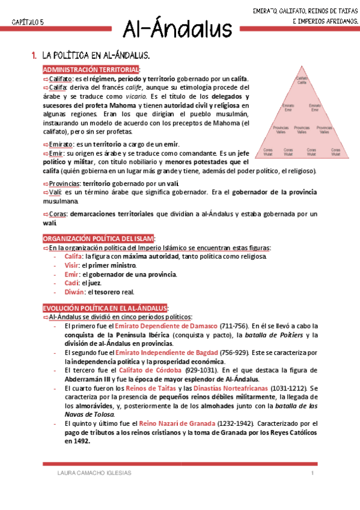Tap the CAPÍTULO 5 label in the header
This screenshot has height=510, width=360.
(28, 22)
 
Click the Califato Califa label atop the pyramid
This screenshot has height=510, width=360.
(301, 79)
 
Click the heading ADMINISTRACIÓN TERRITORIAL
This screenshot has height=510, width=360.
(91, 70)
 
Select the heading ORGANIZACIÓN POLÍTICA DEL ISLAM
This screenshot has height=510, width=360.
(99, 239)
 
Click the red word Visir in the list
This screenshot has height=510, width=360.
(72, 265)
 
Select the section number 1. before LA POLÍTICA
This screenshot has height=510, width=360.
(34, 55)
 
